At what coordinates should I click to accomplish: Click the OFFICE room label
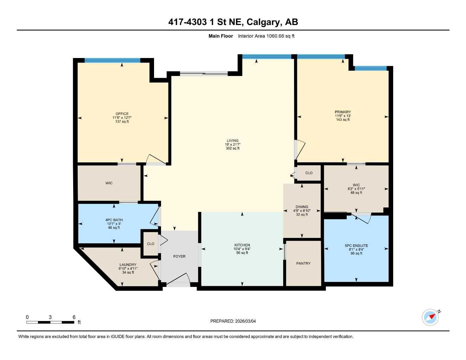point(122,114)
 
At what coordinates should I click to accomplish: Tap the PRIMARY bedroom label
point(343,112)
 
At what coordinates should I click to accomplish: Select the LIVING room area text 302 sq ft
point(232,148)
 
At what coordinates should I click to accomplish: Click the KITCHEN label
point(242,245)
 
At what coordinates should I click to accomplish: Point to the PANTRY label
point(303,263)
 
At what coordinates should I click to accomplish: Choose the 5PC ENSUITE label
point(356,246)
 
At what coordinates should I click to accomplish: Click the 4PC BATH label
point(114,220)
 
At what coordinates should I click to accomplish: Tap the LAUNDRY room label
point(128,265)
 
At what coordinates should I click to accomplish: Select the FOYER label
point(179,256)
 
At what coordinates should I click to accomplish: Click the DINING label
point(302,207)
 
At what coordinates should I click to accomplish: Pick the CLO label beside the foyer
point(151,244)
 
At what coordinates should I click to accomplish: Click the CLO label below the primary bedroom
point(309,173)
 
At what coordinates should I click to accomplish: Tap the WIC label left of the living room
point(109,183)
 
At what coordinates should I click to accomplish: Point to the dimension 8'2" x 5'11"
point(356,189)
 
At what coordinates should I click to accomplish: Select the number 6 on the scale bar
point(74,317)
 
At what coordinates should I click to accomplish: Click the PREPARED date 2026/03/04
point(245,321)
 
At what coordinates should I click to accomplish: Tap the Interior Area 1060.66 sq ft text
point(266,36)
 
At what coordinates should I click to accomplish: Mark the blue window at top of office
point(112,60)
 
